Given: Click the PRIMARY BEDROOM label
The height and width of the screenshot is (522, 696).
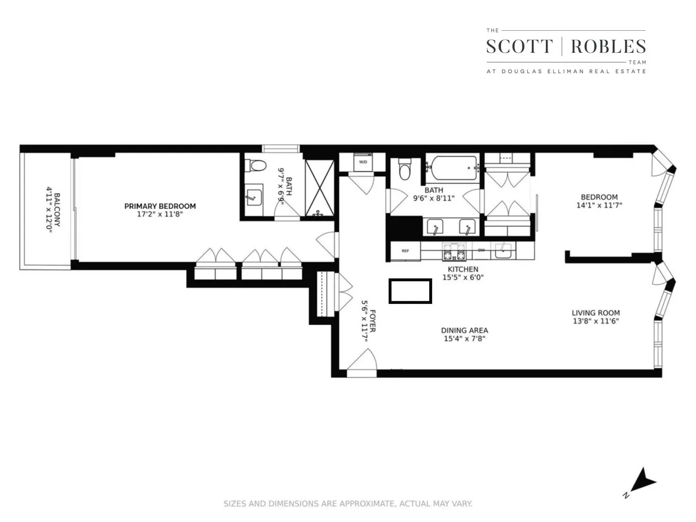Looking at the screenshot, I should [x=160, y=206].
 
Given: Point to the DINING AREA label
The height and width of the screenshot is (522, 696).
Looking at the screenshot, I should [x=464, y=331].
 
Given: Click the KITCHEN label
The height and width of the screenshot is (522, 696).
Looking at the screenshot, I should [x=462, y=269].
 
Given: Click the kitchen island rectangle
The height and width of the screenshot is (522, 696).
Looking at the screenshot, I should [x=410, y=291].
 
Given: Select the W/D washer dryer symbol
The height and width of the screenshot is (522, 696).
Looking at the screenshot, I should [x=363, y=162].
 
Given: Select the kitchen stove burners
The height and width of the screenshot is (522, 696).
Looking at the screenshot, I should [x=454, y=252].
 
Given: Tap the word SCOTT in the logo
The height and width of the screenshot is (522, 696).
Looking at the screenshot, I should [x=520, y=46].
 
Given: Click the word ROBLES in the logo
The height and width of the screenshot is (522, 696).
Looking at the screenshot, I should [x=608, y=46].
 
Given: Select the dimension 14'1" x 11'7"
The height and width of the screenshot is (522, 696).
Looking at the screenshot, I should [x=600, y=205].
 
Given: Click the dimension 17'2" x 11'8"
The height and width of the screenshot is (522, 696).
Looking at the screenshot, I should [x=160, y=214].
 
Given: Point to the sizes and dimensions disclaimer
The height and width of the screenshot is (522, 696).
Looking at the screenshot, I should [x=348, y=503].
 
